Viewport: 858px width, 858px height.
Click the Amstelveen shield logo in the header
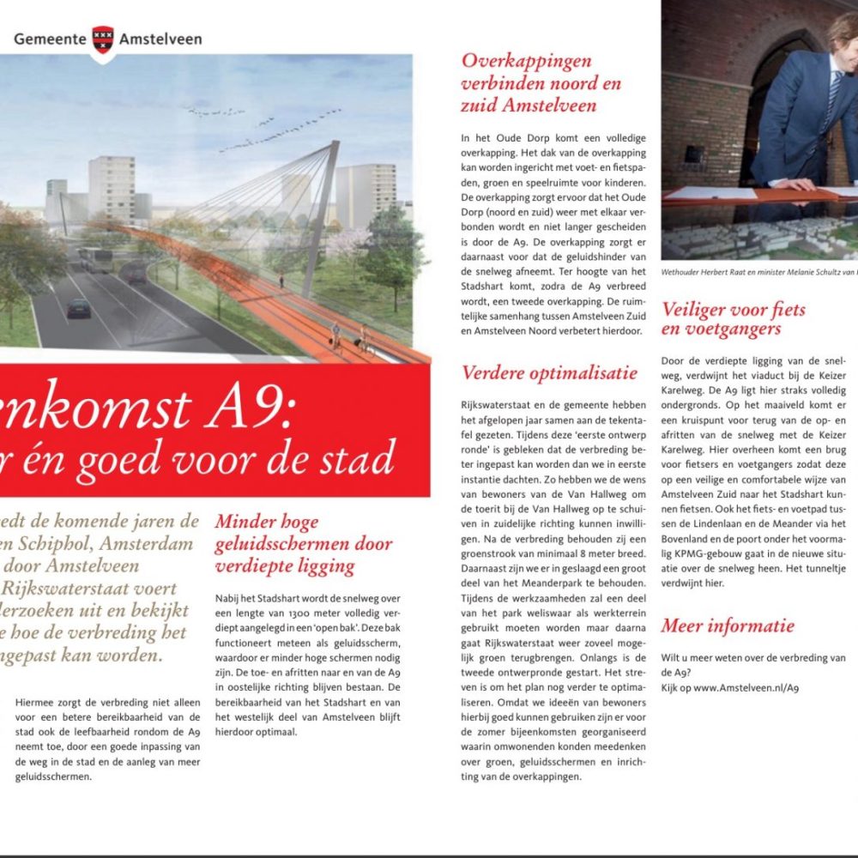pyautogui.click(x=103, y=39)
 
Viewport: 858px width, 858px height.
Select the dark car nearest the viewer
pyautogui.click(x=79, y=306)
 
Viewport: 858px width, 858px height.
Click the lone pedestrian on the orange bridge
pyautogui.click(x=281, y=280)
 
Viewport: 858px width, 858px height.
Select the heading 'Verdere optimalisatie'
pyautogui.click(x=549, y=373)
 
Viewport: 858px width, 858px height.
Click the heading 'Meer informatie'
pyautogui.click(x=728, y=625)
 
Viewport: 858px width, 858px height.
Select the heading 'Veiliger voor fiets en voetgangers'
pyautogui.click(x=734, y=319)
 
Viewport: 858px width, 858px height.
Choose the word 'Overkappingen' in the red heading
pyautogui.click(x=527, y=61)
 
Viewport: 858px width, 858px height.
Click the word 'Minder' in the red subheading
pyautogui.click(x=242, y=522)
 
